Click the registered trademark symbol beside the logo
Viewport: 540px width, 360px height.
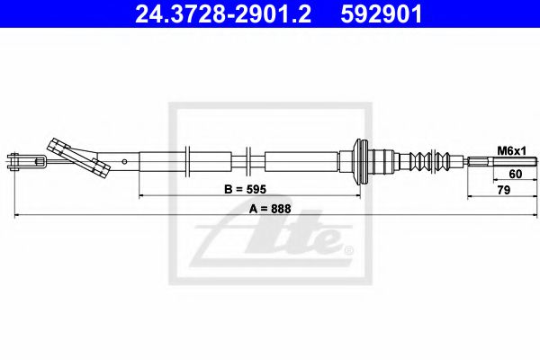pos(348,249)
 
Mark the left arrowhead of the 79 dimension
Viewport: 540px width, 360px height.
pos(469,195)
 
